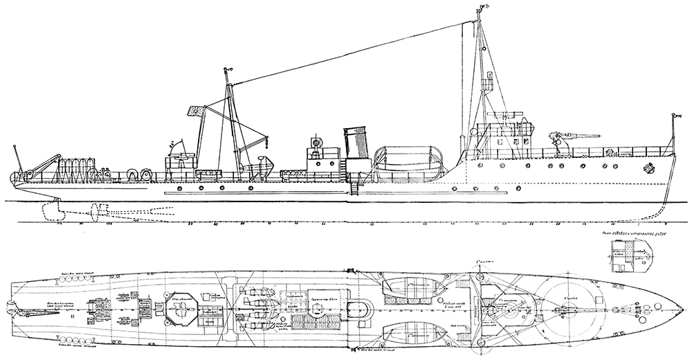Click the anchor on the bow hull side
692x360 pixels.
648,168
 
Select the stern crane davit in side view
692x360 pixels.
38,162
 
